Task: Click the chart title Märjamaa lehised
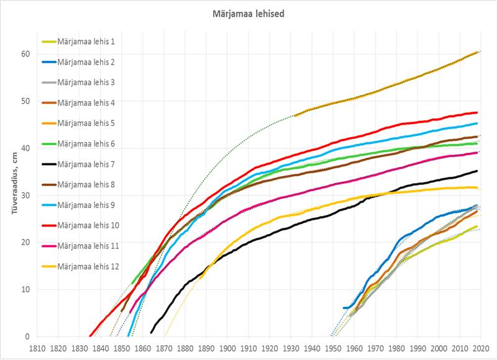(x=247, y=14)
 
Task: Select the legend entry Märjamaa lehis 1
(x=91, y=42)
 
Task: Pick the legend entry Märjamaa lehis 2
(x=91, y=62)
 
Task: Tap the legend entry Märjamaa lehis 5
(x=91, y=124)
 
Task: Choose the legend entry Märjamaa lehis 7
(x=91, y=164)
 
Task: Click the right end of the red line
(x=476, y=112)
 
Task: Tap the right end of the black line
(x=476, y=171)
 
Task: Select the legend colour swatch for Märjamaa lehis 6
(x=49, y=144)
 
